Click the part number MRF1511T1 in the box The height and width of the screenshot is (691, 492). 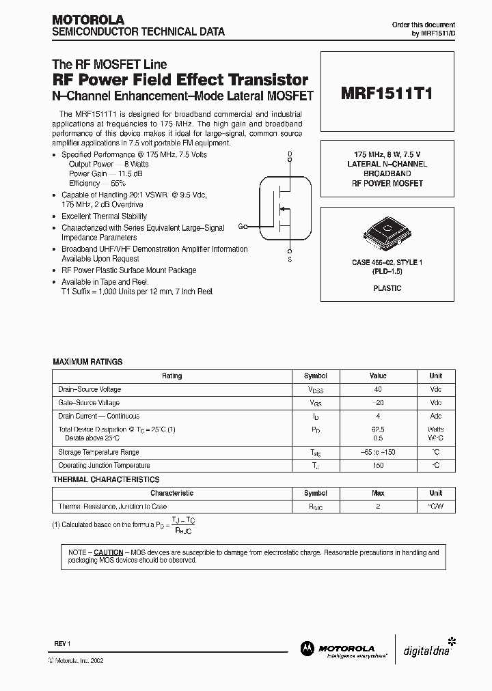(x=386, y=95)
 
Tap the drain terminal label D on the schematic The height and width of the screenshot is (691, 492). (x=290, y=154)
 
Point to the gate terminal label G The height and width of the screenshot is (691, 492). (x=240, y=226)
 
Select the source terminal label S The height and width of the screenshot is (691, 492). (x=290, y=260)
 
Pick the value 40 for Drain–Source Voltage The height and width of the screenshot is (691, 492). (x=378, y=389)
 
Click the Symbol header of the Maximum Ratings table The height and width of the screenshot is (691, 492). (x=315, y=376)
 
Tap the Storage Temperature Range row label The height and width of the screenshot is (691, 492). (x=98, y=452)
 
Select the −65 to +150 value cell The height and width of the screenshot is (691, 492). (x=378, y=452)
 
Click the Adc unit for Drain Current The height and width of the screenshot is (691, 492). (x=435, y=416)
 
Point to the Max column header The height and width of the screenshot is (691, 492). (x=378, y=493)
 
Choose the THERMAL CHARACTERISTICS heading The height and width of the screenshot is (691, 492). (x=106, y=480)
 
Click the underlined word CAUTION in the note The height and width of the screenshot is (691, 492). (x=108, y=552)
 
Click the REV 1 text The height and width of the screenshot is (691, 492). (x=62, y=645)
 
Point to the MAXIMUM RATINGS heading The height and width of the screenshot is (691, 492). (x=87, y=362)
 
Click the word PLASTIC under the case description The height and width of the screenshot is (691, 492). (x=387, y=288)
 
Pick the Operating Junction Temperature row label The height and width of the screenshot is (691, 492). (x=104, y=466)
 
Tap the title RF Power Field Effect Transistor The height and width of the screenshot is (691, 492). (x=180, y=80)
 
